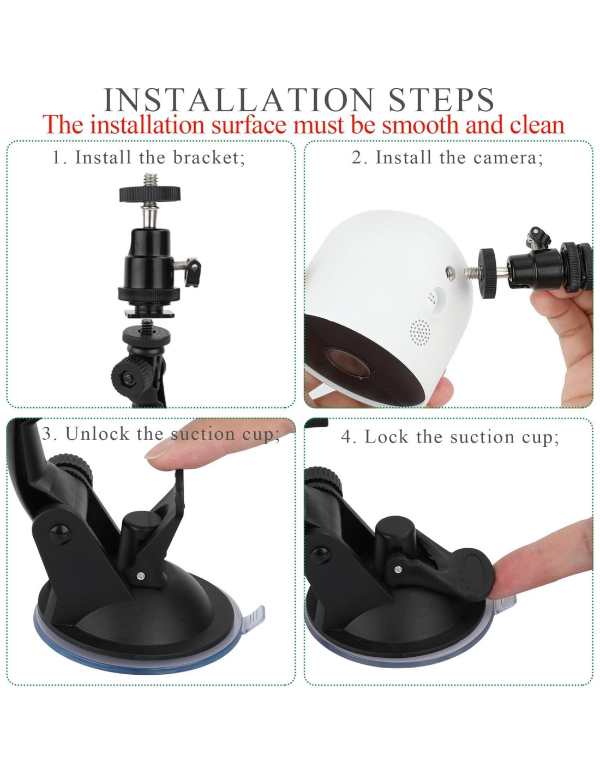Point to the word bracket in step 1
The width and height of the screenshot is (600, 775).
(209, 158)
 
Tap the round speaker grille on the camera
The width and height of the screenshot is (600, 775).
(420, 332)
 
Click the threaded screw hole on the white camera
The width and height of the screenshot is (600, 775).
(451, 273)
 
